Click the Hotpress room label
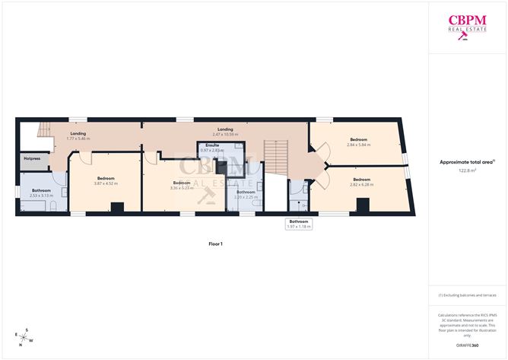(32, 159)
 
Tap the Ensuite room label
(212, 145)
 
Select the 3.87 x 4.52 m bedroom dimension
(106, 183)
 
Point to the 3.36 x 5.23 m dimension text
(181, 187)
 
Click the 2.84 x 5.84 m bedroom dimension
(358, 144)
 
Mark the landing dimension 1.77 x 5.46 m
(78, 139)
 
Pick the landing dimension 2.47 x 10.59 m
(224, 134)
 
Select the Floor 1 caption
(216, 244)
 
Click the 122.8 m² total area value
(468, 170)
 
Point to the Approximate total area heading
(467, 161)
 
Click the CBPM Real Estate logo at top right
(467, 25)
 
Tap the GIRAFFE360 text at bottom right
(468, 346)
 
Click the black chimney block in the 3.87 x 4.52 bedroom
(117, 207)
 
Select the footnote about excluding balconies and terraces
(468, 295)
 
